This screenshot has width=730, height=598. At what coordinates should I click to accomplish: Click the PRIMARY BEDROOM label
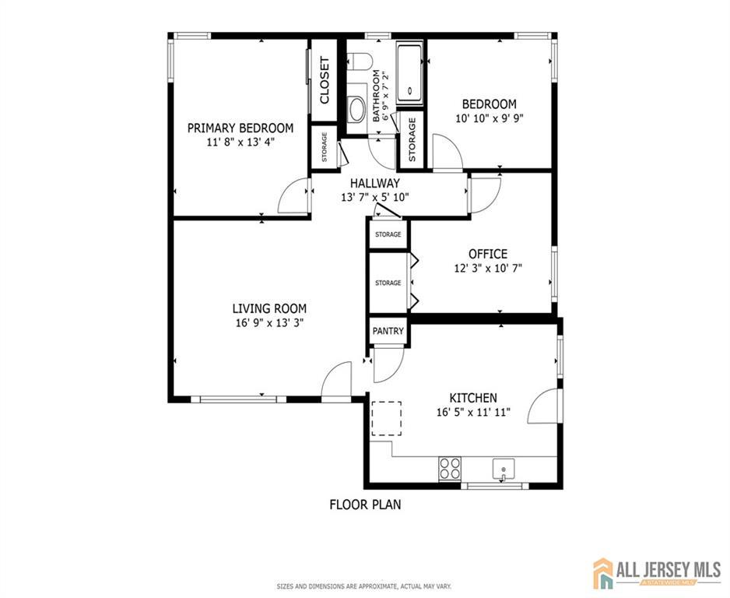[240, 128]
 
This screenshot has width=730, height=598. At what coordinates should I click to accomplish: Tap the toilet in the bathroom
[359, 62]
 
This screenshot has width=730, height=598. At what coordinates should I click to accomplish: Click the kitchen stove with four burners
[450, 469]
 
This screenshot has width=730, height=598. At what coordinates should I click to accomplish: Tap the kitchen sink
[504, 469]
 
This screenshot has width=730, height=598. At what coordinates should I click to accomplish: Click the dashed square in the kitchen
[386, 419]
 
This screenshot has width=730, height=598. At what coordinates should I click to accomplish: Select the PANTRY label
[388, 331]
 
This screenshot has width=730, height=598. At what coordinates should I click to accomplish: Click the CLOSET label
[325, 80]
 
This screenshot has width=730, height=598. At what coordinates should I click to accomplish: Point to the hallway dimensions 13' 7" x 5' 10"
[375, 198]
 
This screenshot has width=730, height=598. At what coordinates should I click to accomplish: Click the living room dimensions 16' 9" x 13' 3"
[269, 323]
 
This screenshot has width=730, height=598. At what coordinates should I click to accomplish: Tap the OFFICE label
[488, 254]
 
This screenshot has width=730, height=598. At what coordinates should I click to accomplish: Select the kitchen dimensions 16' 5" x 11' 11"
[473, 412]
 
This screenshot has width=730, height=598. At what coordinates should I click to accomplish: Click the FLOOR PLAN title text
[366, 505]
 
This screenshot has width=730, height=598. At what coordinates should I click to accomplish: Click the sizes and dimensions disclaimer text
[364, 586]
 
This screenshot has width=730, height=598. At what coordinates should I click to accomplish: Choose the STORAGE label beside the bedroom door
[412, 139]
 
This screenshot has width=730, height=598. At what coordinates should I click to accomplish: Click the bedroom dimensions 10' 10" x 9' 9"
[490, 118]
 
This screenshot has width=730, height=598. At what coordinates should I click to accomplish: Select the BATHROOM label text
[376, 96]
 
